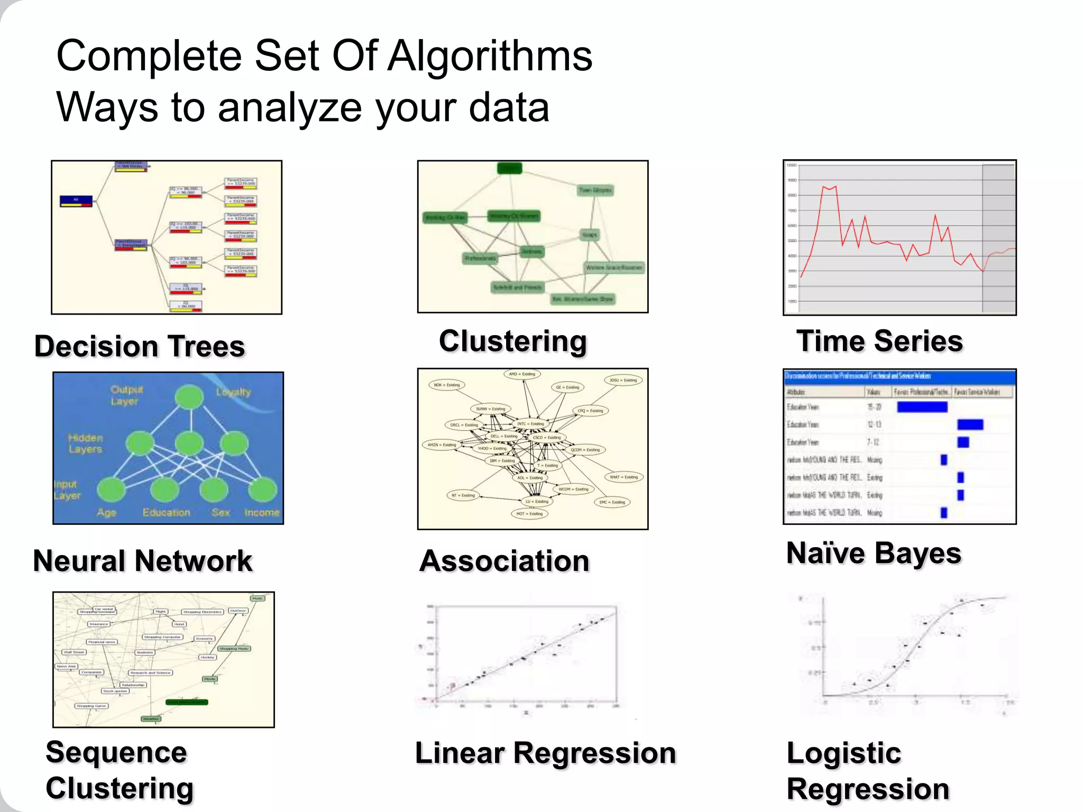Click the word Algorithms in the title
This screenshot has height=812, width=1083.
(x=490, y=56)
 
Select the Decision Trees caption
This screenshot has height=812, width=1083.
(x=140, y=346)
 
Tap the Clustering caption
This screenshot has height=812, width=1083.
(x=512, y=341)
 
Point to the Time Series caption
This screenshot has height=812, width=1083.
(x=879, y=341)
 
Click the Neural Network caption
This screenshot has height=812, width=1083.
(x=143, y=561)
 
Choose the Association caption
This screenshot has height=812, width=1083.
(x=504, y=561)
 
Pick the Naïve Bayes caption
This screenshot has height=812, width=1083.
(x=874, y=553)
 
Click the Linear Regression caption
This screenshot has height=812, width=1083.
(x=545, y=753)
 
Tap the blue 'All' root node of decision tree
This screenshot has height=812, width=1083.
(x=76, y=201)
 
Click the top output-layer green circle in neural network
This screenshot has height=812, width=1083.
(x=189, y=397)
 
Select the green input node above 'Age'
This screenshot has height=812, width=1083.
(x=112, y=490)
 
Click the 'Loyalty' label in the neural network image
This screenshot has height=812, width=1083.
(x=233, y=392)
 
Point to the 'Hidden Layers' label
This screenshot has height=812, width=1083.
(x=85, y=444)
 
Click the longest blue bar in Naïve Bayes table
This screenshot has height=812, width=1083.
(x=922, y=407)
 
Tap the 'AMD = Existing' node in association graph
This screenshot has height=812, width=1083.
(x=521, y=374)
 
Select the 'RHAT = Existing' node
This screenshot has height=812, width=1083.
(x=623, y=477)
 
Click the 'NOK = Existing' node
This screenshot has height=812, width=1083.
(x=446, y=385)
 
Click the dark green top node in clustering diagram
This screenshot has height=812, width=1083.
(x=510, y=169)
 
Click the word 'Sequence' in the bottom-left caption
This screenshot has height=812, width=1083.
(x=116, y=752)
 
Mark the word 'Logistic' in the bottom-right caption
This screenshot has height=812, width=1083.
(x=843, y=753)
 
